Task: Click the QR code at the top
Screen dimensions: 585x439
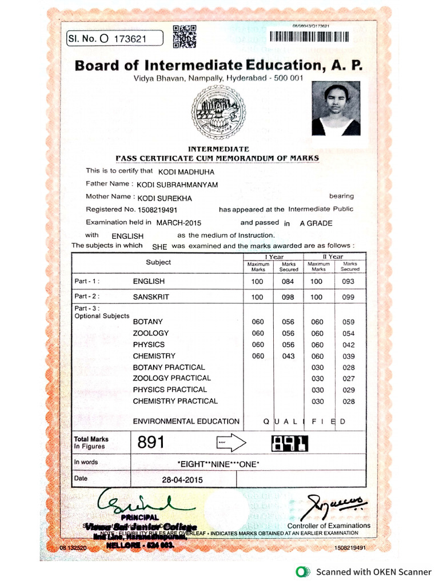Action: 184,37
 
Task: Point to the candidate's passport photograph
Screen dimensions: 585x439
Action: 336,109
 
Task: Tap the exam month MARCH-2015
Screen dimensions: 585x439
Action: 179,223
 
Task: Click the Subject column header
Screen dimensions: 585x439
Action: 158,262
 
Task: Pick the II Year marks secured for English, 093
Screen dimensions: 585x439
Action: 348,282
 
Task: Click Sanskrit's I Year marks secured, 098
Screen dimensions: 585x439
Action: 288,297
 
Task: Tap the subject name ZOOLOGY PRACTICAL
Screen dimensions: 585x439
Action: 171,378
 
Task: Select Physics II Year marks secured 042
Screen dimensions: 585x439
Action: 348,345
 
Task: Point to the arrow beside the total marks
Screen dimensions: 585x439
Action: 232,442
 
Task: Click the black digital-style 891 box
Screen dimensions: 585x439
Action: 289,443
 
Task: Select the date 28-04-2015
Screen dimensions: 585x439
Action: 182,480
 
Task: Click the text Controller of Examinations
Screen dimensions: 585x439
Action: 329,526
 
